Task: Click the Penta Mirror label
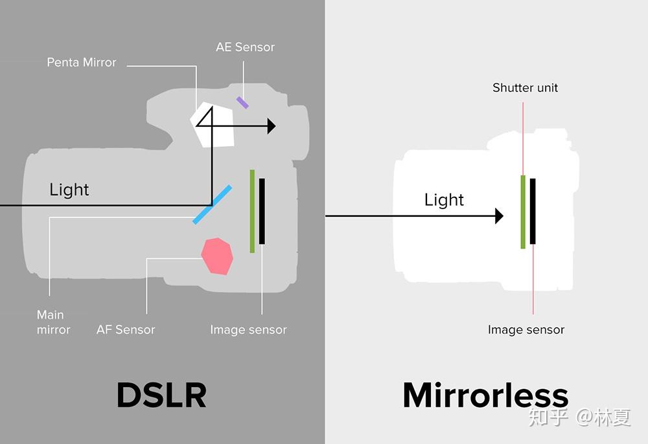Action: pyautogui.click(x=82, y=63)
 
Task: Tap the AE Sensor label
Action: pyautogui.click(x=245, y=47)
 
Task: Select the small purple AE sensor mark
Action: pyautogui.click(x=242, y=102)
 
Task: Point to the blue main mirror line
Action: pyautogui.click(x=213, y=205)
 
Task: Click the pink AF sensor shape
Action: pyautogui.click(x=217, y=256)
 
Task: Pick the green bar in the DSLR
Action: pyautogui.click(x=252, y=211)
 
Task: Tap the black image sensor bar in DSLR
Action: pyautogui.click(x=262, y=211)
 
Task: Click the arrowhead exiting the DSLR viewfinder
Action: pyautogui.click(x=272, y=126)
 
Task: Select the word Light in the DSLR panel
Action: pyautogui.click(x=69, y=190)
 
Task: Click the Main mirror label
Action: pyautogui.click(x=52, y=322)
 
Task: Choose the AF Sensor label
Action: pyautogui.click(x=126, y=330)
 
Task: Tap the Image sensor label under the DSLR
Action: pyautogui.click(x=248, y=330)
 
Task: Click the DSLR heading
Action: pyautogui.click(x=161, y=395)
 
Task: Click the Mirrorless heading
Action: pyautogui.click(x=485, y=395)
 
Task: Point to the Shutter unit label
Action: pyautogui.click(x=525, y=87)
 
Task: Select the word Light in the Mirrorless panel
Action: pyautogui.click(x=444, y=200)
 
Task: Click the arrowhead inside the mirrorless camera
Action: pyautogui.click(x=499, y=216)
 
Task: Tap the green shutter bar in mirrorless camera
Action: pyautogui.click(x=523, y=211)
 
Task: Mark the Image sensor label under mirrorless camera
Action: pyautogui.click(x=526, y=330)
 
